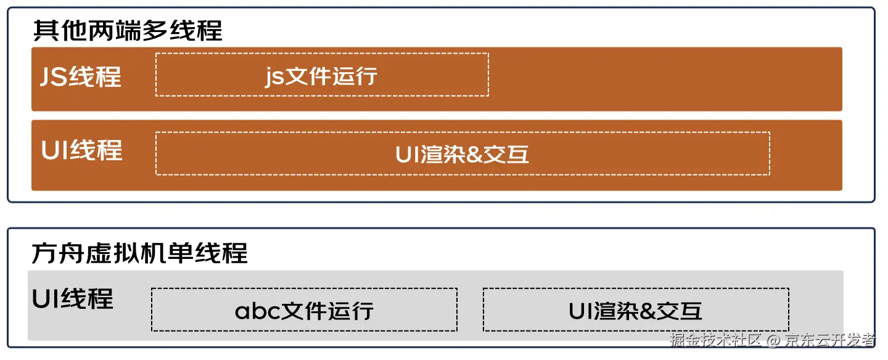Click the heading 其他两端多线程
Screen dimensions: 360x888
[128, 31]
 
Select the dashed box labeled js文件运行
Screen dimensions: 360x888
[322, 75]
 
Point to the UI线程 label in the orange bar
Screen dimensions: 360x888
[82, 150]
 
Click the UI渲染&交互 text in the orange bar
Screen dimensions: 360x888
[462, 154]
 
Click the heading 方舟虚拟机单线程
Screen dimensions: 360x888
[140, 253]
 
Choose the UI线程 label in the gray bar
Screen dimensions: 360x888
[73, 299]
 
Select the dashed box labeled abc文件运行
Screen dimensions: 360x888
[304, 310]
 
